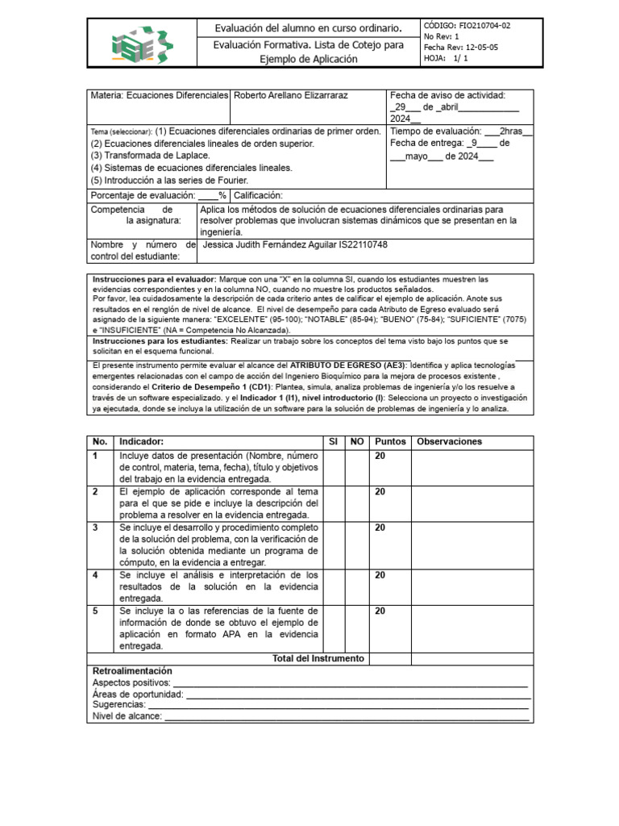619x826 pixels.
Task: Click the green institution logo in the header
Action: [142, 44]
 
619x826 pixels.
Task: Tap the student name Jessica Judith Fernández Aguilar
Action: [286, 244]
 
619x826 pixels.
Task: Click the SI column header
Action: [333, 441]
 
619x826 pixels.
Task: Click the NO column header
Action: [357, 441]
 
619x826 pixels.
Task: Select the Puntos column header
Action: [390, 441]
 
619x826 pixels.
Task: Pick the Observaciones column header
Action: [449, 441]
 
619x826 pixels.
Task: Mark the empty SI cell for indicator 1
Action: [333, 468]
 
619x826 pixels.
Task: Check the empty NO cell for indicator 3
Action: [357, 544]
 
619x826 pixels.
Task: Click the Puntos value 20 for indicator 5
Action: [380, 611]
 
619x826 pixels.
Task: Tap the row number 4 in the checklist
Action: [95, 575]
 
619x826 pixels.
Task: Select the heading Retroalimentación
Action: [132, 671]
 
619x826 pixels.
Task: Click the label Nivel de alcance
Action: [127, 716]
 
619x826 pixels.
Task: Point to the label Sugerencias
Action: [118, 705]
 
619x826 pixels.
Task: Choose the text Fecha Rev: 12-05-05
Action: [460, 48]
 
